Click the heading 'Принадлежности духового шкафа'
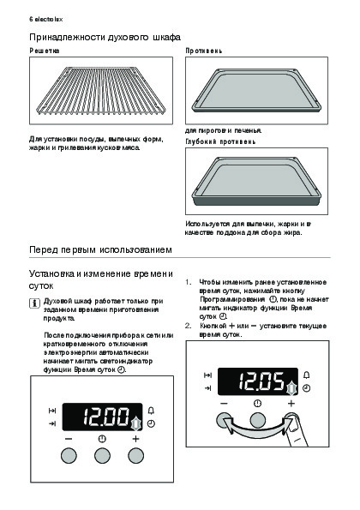[x=105, y=38]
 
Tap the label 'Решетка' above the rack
[x=45, y=51]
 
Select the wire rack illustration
[x=101, y=90]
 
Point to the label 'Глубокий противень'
[x=220, y=141]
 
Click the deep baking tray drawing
[x=256, y=181]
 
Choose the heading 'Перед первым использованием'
[x=100, y=249]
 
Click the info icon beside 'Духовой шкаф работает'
[x=34, y=303]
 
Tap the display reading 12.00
[x=102, y=417]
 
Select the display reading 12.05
[x=257, y=381]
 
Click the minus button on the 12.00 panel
[x=69, y=456]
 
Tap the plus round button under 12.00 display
[x=135, y=456]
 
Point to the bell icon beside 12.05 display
[x=306, y=375]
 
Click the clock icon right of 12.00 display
[x=151, y=423]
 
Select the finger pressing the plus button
[x=297, y=431]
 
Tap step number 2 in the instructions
[x=188, y=326]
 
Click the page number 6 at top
[x=31, y=19]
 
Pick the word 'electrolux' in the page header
[x=49, y=19]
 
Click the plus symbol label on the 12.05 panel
[x=291, y=404]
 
